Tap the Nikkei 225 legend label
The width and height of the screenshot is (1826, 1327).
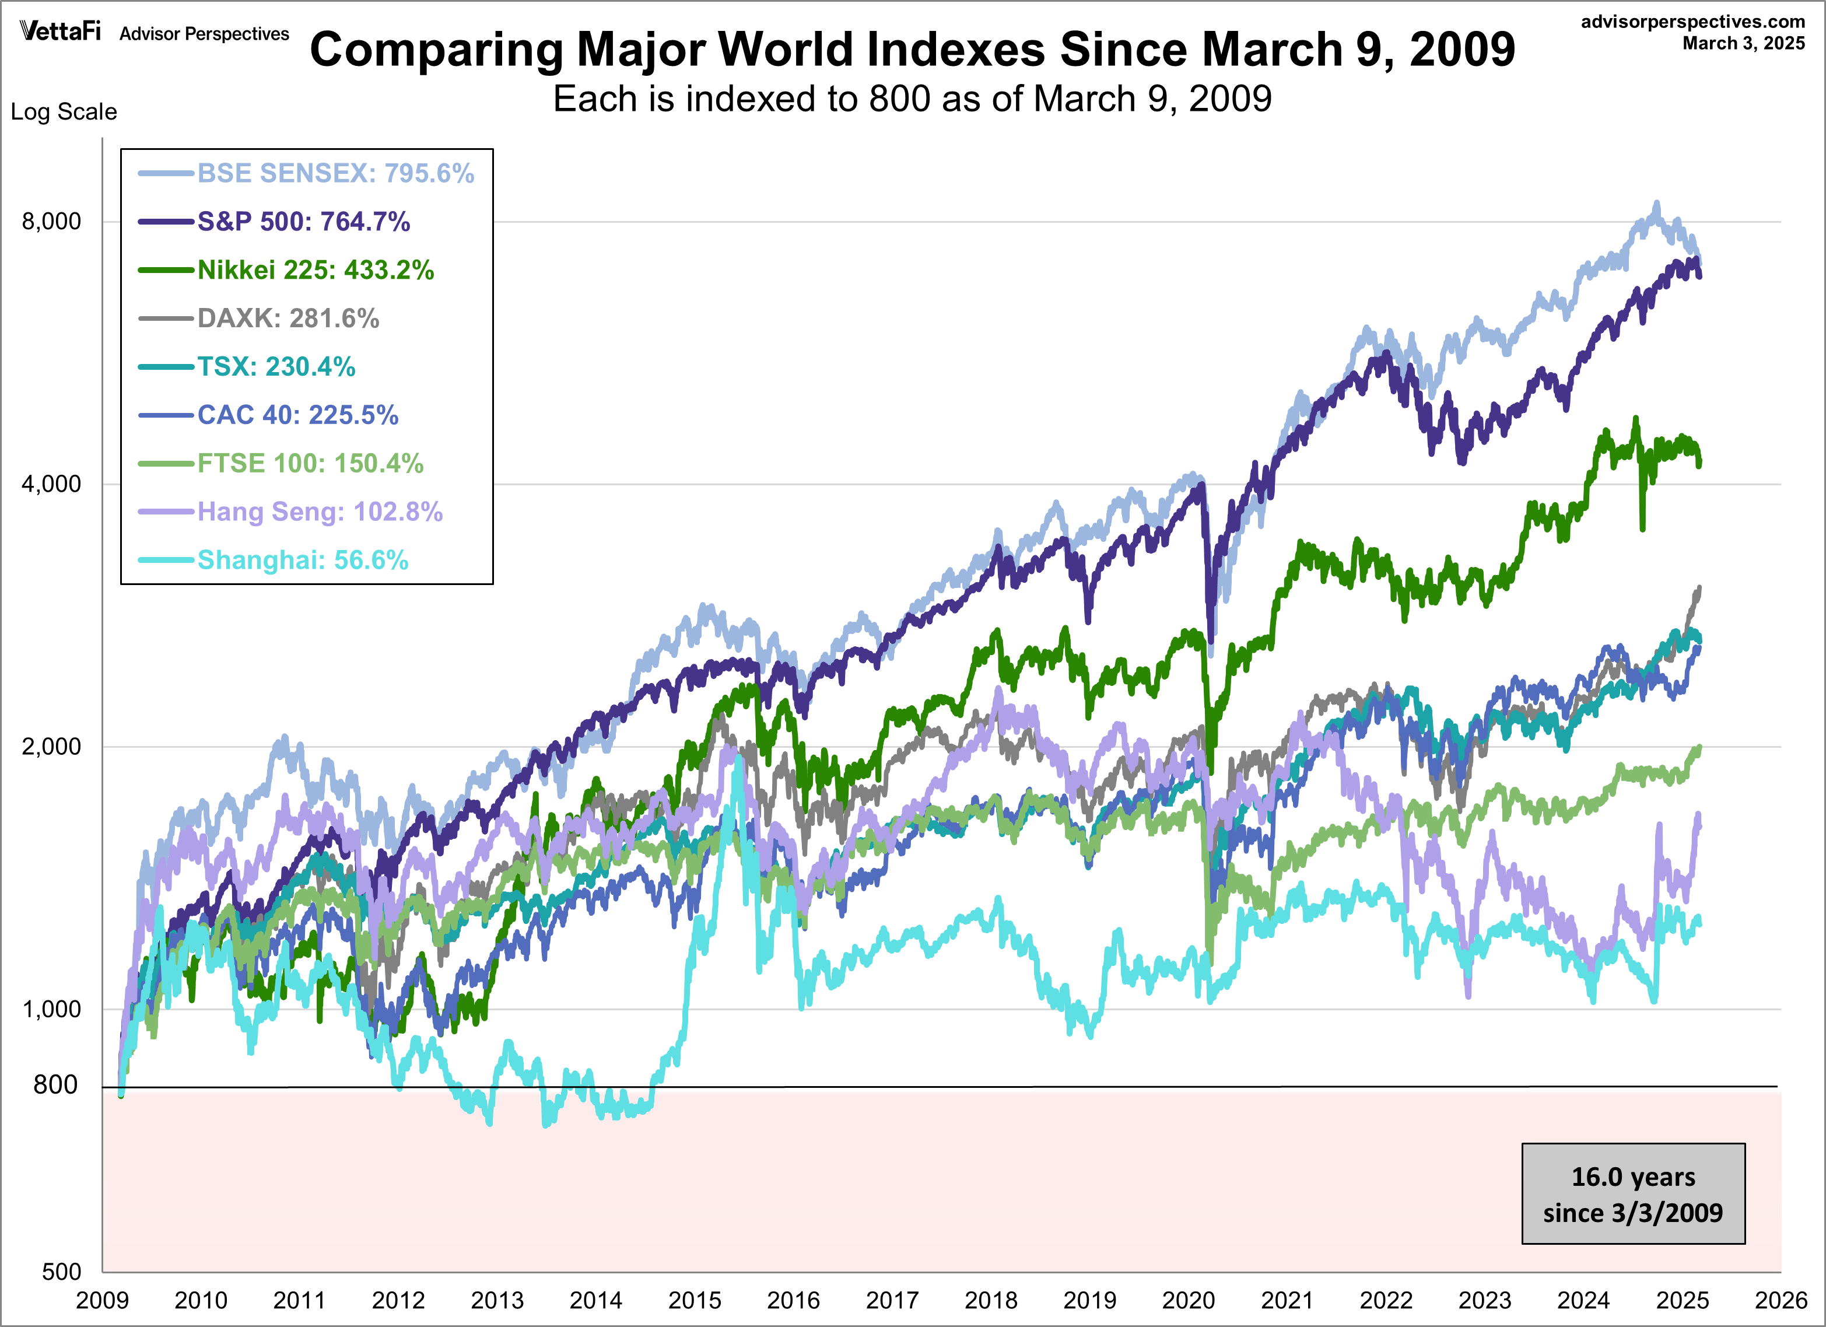tap(316, 269)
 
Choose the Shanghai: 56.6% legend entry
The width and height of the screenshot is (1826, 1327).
tap(303, 559)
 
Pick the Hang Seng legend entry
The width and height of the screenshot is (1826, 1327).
tap(320, 512)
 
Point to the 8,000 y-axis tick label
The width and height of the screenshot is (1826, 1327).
tap(51, 222)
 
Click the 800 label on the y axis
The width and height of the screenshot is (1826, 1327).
tap(55, 1084)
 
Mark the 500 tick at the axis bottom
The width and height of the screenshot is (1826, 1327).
tap(61, 1272)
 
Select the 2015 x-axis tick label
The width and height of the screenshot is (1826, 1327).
tap(694, 1300)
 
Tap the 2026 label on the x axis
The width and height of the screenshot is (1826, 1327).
tap(1781, 1300)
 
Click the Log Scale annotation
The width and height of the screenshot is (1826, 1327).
tap(64, 111)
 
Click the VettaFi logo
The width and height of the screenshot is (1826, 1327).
tap(61, 31)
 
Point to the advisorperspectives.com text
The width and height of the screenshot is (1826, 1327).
tap(1693, 22)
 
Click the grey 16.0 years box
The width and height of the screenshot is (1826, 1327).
tap(1633, 1194)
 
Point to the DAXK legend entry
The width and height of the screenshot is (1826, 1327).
tap(288, 318)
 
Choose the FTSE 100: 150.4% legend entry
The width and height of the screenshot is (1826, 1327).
tap(310, 463)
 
